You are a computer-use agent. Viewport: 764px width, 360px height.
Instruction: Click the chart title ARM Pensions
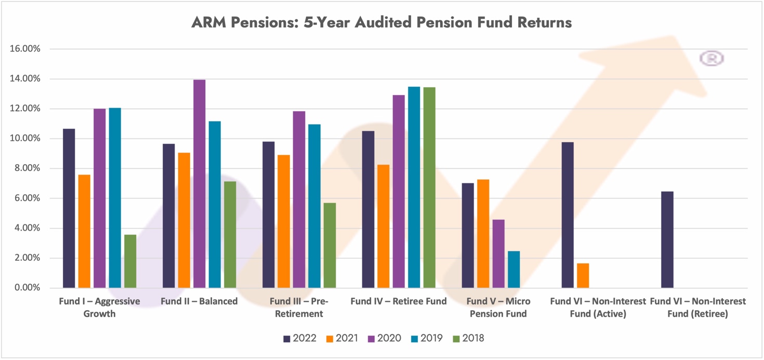(x=381, y=23)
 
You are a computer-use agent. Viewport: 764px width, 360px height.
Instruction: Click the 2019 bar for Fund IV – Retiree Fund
(x=414, y=187)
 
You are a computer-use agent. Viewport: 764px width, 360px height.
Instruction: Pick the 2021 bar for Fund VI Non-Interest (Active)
(x=583, y=275)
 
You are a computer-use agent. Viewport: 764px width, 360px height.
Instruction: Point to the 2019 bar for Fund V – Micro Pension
(x=513, y=269)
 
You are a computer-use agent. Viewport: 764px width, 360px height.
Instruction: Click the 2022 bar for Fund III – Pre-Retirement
(x=268, y=215)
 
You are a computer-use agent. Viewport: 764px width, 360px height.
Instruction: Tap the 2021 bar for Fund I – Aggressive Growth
(x=84, y=231)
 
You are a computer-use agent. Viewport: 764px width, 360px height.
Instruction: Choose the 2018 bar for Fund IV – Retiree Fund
(x=429, y=188)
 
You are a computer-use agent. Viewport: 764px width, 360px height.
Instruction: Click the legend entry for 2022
(x=300, y=338)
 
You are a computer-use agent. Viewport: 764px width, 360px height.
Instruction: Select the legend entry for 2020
(x=384, y=338)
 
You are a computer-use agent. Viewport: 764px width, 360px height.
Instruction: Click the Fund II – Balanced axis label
(x=199, y=301)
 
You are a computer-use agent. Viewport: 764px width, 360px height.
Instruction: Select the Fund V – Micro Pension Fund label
(x=498, y=308)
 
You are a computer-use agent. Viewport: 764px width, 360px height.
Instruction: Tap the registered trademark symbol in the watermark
(x=712, y=59)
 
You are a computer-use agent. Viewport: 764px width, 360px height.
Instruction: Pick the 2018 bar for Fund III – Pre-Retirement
(x=330, y=245)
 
